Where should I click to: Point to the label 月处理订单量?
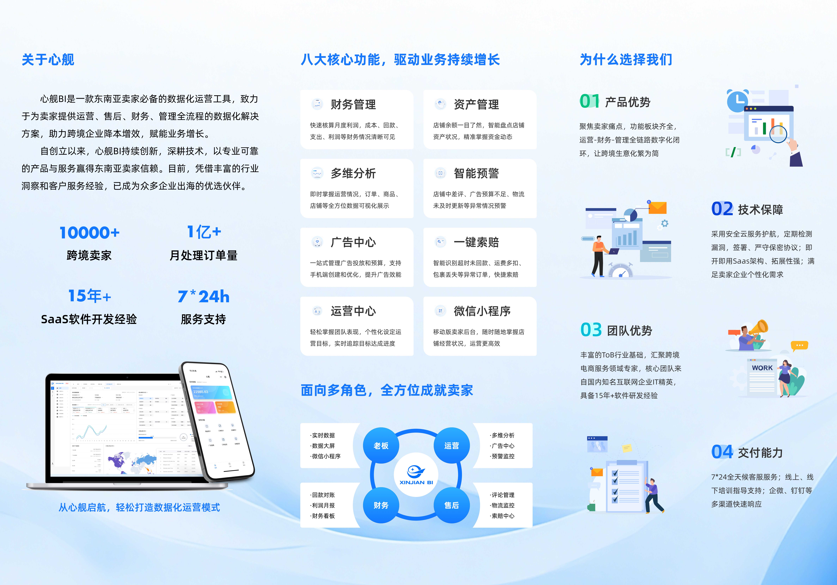pyautogui.click(x=203, y=255)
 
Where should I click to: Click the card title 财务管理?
pyautogui.click(x=353, y=104)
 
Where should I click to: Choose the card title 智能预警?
pyautogui.click(x=476, y=173)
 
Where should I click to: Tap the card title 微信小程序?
pyautogui.click(x=482, y=311)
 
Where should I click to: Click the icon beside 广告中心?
pyautogui.click(x=317, y=242)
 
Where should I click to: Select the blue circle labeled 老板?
pyautogui.click(x=381, y=445)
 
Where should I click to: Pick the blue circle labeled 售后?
pyautogui.click(x=451, y=505)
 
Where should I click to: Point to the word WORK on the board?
pyautogui.click(x=762, y=368)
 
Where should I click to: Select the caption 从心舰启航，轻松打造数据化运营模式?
pyautogui.click(x=139, y=507)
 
